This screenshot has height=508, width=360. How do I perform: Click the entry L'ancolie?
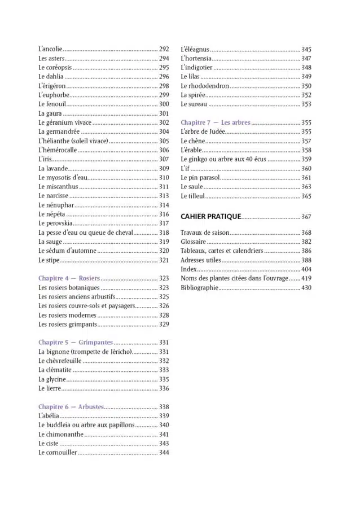coord(50,49)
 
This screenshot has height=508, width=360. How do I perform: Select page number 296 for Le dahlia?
coord(164,77)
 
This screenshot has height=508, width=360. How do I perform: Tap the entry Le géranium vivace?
coord(65,122)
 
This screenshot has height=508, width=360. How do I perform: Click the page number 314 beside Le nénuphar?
coord(164,205)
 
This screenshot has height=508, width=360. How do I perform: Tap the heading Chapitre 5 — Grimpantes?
coord(76,343)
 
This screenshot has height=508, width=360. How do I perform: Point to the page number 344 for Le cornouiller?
coord(164,453)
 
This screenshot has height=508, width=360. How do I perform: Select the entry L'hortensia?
coord(196,58)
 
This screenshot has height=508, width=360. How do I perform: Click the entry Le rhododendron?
coord(205,86)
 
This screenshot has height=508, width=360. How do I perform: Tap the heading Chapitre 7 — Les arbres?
coord(216,122)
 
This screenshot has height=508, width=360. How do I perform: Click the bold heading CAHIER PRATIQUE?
coord(211,216)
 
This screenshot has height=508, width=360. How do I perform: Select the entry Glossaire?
coord(193,242)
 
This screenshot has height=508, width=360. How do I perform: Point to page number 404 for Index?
coord(306,269)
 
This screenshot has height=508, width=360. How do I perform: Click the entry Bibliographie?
coord(199,287)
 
